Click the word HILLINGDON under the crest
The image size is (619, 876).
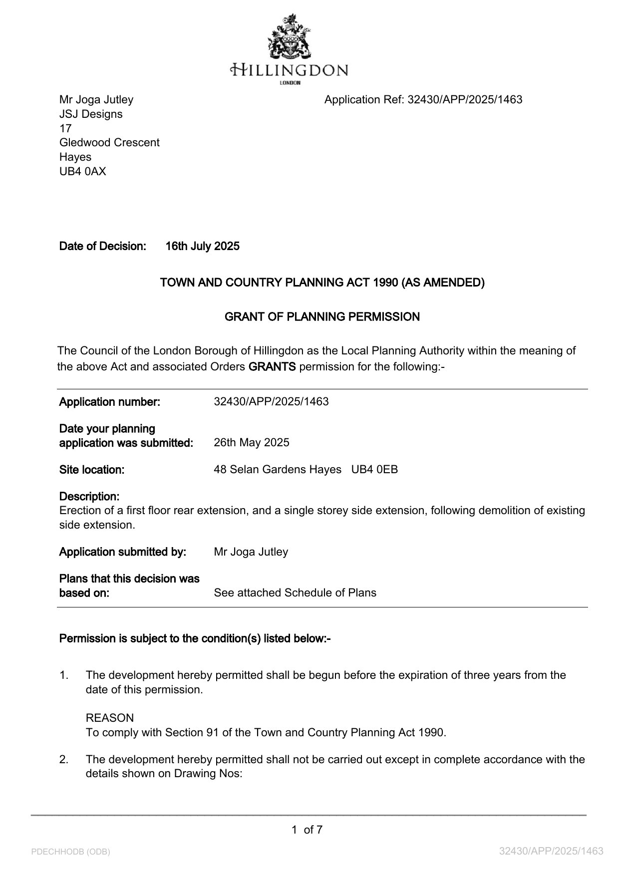tap(290, 69)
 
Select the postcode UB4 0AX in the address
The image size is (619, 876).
tap(82, 171)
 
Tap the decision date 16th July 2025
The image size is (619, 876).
tap(202, 246)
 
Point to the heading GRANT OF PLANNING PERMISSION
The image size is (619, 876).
tap(322, 316)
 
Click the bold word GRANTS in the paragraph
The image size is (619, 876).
tap(272, 366)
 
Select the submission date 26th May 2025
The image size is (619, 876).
tap(251, 442)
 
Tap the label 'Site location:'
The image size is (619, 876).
tap(91, 469)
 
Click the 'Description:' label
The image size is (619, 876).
tap(89, 496)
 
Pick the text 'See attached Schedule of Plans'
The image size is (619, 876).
tap(295, 592)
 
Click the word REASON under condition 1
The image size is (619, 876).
tap(110, 718)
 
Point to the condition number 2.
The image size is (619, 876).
tap(64, 759)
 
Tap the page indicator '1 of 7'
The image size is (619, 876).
tap(307, 830)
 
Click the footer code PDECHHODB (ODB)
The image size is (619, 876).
tap(70, 852)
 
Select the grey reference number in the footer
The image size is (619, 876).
tap(551, 851)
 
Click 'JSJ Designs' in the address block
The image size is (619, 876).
tap(91, 114)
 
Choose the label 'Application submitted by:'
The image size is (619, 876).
tap(122, 552)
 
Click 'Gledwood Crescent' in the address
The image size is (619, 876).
tap(109, 142)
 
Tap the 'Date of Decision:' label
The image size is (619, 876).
tap(102, 246)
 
